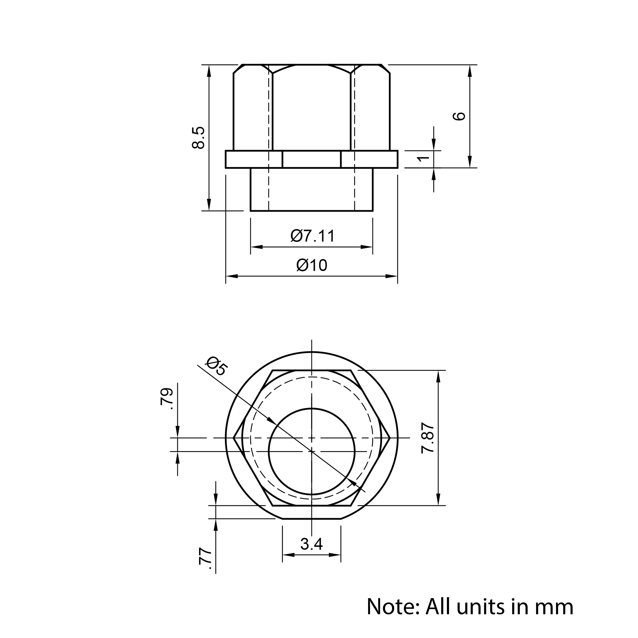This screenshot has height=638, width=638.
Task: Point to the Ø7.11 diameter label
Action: click(313, 236)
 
